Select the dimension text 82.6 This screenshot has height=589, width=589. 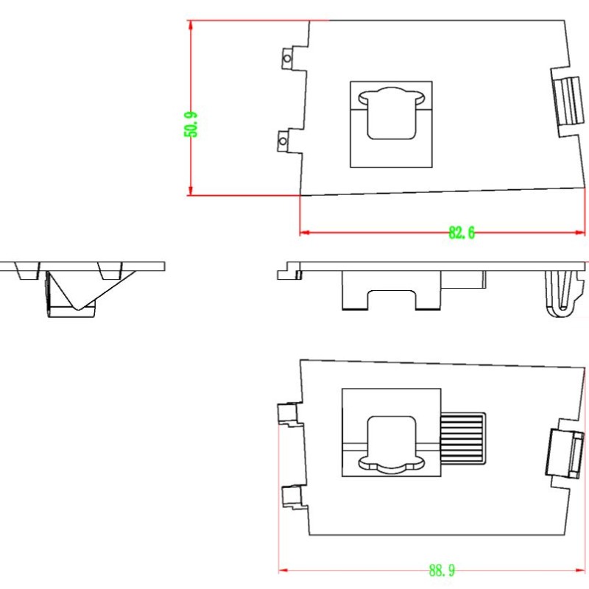(x=462, y=233)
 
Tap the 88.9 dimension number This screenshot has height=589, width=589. (x=442, y=571)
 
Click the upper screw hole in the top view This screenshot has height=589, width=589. (x=287, y=59)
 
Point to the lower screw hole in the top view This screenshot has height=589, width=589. (x=283, y=141)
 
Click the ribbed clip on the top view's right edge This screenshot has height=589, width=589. (x=568, y=101)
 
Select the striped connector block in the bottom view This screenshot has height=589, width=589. (x=463, y=438)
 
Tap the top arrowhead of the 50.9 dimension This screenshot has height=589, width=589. (x=191, y=25)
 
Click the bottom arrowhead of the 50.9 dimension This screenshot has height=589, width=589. (x=191, y=191)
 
